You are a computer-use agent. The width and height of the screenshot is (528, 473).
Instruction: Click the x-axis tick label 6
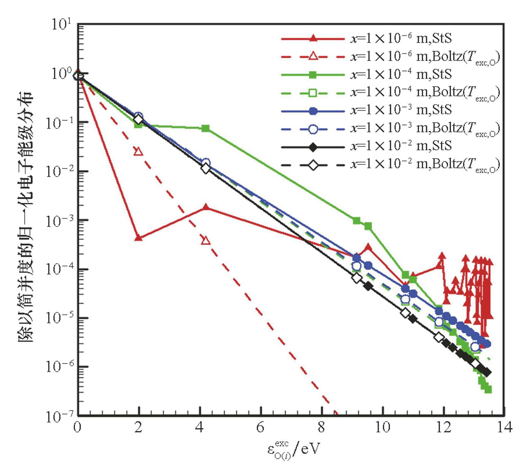pyautogui.click(x=260, y=428)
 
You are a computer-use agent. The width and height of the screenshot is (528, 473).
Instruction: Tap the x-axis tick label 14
pyautogui.click(x=504, y=428)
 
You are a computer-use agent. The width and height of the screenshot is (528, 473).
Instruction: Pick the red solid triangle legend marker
pyautogui.click(x=313, y=38)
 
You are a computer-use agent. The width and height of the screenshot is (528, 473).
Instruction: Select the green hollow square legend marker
pyautogui.click(x=313, y=93)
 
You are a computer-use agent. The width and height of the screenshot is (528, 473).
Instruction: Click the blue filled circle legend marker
pyautogui.click(x=313, y=111)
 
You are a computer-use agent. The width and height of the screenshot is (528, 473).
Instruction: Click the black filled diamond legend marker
pyautogui.click(x=313, y=147)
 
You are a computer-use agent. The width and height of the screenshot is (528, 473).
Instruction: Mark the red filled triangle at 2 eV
pyautogui.click(x=138, y=238)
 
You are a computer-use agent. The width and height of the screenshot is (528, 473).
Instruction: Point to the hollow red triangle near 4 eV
pyautogui.click(x=206, y=240)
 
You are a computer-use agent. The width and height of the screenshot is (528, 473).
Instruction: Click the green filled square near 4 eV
pyautogui.click(x=206, y=129)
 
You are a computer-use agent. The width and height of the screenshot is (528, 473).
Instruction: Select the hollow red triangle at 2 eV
pyautogui.click(x=138, y=152)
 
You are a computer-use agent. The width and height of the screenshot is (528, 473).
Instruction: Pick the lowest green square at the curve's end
pyautogui.click(x=488, y=390)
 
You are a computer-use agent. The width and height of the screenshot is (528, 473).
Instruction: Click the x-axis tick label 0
pyautogui.click(x=78, y=428)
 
